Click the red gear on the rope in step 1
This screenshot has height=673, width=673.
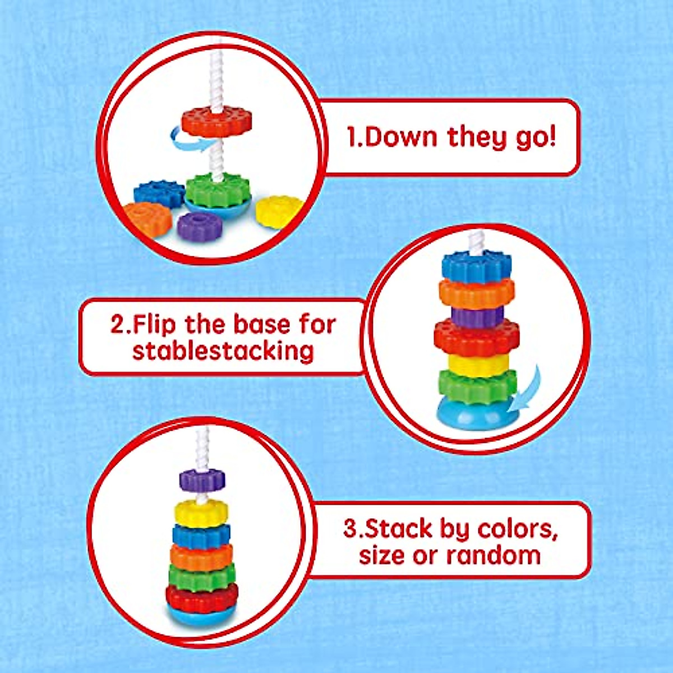(216, 122)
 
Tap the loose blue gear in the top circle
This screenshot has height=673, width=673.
(159, 193)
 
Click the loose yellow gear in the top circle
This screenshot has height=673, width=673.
(279, 211)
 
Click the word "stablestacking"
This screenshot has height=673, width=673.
(223, 352)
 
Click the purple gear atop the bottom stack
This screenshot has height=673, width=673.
(202, 480)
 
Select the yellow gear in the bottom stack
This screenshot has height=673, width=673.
(201, 513)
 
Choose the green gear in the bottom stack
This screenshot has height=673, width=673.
(201, 576)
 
